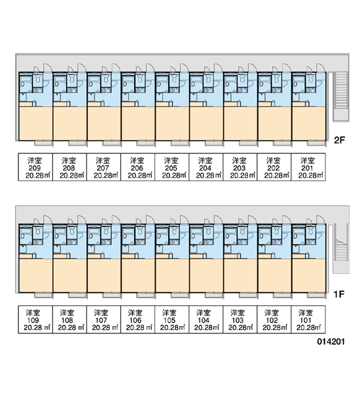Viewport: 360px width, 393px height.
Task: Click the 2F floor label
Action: [x=340, y=140]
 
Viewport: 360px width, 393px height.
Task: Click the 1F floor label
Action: [x=338, y=294]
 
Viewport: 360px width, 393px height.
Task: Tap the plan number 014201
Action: [x=331, y=342]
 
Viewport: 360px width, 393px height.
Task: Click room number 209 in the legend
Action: [x=35, y=168]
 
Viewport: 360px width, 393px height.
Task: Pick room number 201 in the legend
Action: [x=308, y=168]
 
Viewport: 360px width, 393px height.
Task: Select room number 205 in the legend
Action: [x=171, y=168]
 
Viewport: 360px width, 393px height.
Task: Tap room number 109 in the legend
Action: [x=33, y=320]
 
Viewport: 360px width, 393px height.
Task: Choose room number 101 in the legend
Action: [x=306, y=320]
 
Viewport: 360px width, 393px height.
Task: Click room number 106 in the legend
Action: [x=135, y=320]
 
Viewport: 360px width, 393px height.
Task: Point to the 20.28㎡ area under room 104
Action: [x=206, y=327]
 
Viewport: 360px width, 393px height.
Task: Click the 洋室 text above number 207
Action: [x=103, y=160]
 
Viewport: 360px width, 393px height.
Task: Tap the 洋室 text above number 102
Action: [x=272, y=313]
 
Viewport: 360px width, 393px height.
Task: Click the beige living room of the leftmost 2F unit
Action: [x=35, y=123]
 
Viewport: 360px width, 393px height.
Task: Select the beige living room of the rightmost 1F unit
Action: [x=309, y=276]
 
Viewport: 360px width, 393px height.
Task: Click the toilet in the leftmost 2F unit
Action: [x=38, y=79]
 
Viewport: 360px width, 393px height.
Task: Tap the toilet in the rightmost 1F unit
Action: [x=311, y=231]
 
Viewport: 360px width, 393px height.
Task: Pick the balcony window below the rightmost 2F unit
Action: [x=315, y=143]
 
